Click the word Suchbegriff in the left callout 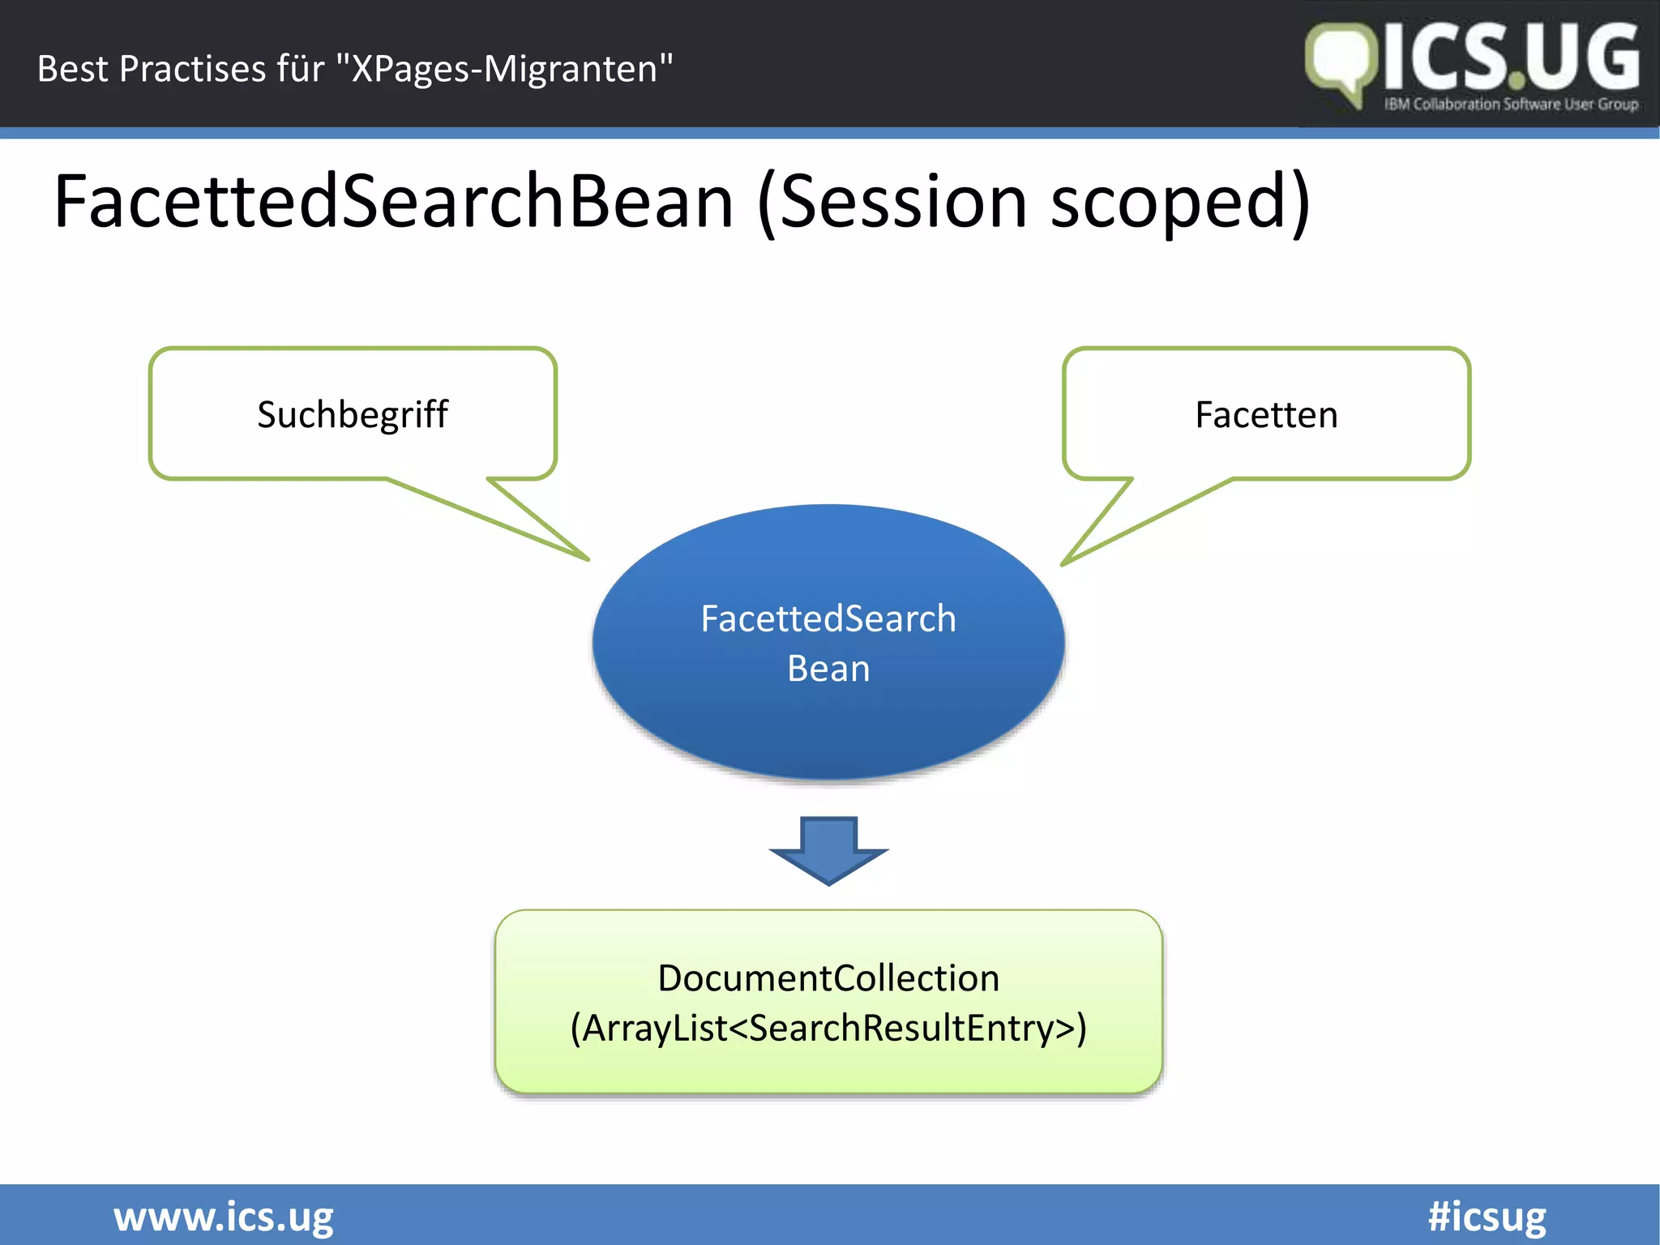pos(352,415)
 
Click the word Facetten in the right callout pos(1266,415)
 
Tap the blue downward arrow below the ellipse pos(828,851)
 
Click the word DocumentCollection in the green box pos(828,978)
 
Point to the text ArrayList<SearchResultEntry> pos(828,1028)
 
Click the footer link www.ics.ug pos(223,1217)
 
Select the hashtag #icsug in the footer pos(1487,1217)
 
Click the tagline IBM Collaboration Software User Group pos(1511,104)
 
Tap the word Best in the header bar pos(72,69)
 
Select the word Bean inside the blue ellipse pos(828,669)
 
